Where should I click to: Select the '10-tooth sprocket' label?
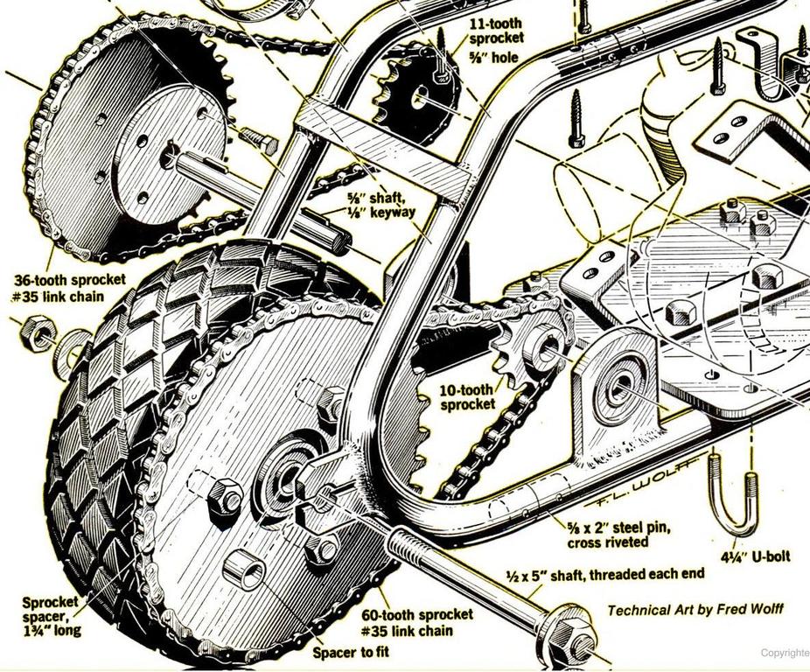[x=467, y=396]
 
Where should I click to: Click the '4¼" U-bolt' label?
[x=757, y=555]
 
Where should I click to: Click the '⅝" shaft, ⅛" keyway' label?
[x=377, y=205]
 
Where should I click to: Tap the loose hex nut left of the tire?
[x=38, y=332]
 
